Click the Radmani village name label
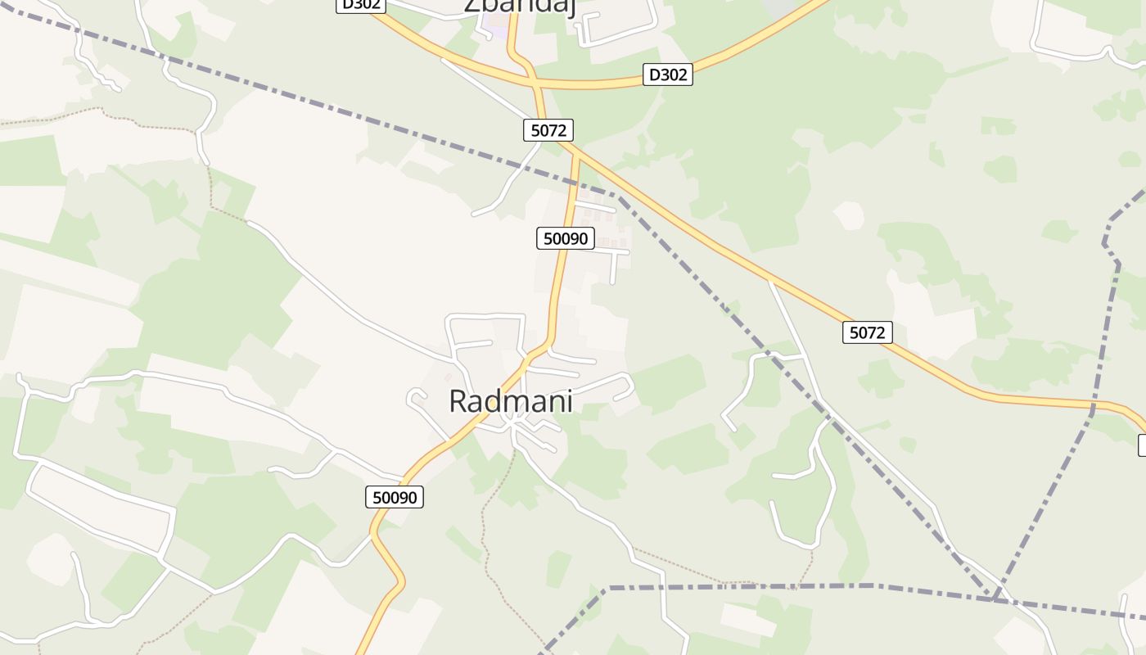[510, 401]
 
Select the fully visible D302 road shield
[667, 75]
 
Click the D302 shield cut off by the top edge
[360, 4]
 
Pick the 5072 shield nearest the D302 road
[548, 129]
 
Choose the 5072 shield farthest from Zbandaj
[868, 332]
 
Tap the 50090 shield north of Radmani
[566, 238]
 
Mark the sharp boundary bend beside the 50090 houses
[619, 196]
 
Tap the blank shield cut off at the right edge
[1142, 445]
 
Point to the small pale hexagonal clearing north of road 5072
[848, 215]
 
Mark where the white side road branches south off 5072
[770, 281]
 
